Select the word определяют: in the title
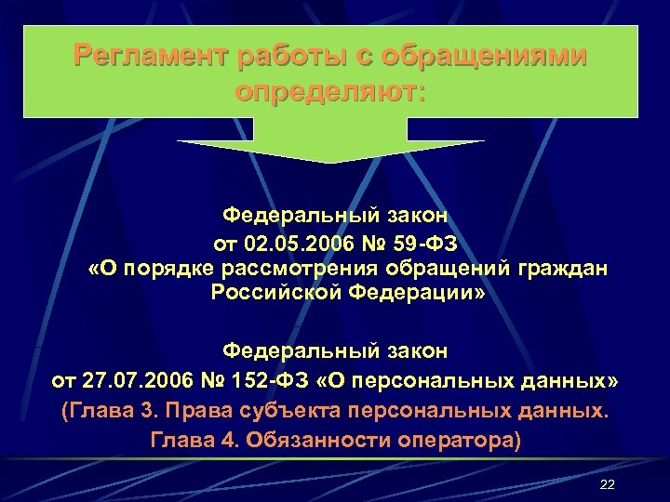pyautogui.click(x=330, y=93)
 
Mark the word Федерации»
pyautogui.click(x=400, y=294)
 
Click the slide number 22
pyautogui.click(x=609, y=485)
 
